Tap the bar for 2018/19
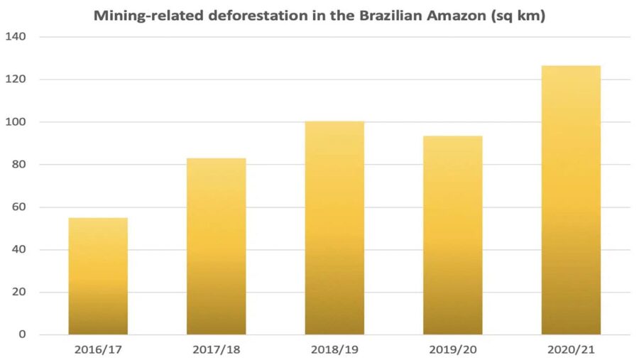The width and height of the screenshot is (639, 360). tap(334, 227)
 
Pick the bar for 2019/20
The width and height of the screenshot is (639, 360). tap(453, 235)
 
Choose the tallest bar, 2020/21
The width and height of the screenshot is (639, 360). tap(571, 200)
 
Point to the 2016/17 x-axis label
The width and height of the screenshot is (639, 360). tap(98, 349)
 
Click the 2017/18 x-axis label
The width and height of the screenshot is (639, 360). tap(216, 349)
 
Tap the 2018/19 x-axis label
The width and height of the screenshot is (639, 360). tap(334, 349)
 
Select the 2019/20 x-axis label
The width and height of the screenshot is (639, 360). tap(453, 349)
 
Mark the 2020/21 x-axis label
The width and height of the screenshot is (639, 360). tap(571, 349)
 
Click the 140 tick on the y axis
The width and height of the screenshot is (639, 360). tap(18, 37)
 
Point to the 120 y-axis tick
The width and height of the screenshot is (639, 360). tap(18, 80)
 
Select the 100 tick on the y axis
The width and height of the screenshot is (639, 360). tap(18, 122)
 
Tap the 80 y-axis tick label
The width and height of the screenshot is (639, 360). tap(21, 165)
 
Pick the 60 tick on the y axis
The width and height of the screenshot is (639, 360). tap(21, 207)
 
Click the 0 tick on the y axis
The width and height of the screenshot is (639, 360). tap(23, 334)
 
